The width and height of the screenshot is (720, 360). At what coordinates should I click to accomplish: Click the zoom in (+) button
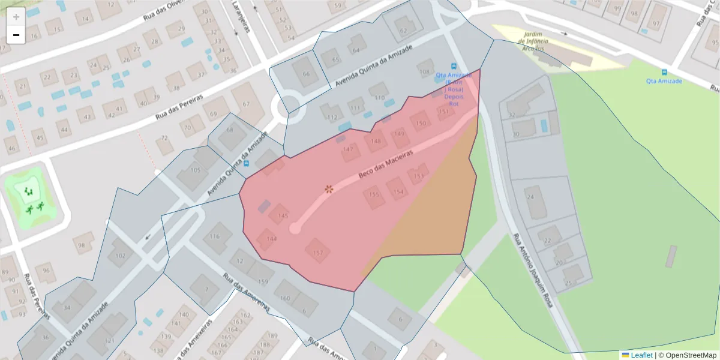(16, 17)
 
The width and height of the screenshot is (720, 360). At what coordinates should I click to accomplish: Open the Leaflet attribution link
(641, 355)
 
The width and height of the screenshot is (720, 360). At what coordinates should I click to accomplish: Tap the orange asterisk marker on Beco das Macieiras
(329, 189)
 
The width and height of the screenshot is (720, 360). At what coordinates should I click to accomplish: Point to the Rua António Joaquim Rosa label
(532, 270)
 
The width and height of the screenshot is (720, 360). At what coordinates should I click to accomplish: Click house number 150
(421, 123)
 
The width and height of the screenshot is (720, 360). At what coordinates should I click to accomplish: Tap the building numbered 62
(403, 31)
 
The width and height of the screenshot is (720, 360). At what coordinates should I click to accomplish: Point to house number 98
(83, 244)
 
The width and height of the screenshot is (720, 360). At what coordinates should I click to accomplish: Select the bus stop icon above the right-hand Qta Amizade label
(664, 72)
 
